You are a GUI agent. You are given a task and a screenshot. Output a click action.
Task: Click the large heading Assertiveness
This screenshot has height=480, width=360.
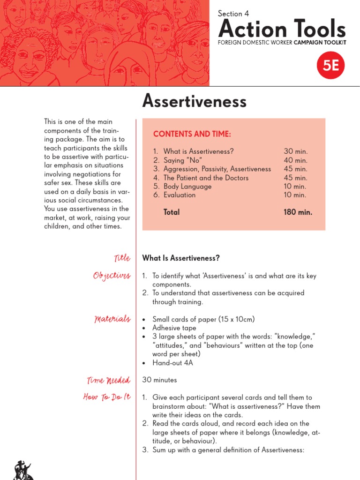click(194, 100)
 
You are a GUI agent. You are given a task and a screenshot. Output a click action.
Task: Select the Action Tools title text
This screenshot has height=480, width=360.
click(282, 30)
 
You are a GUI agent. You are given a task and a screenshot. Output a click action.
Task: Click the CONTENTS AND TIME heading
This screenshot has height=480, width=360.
click(192, 135)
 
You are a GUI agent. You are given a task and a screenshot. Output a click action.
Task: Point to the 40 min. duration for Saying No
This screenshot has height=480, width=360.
click(295, 160)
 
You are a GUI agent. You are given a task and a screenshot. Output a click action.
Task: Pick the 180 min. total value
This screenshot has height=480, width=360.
click(298, 212)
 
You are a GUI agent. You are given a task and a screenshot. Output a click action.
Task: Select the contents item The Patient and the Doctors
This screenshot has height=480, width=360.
click(206, 178)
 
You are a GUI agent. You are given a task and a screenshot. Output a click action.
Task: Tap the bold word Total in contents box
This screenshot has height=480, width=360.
click(172, 212)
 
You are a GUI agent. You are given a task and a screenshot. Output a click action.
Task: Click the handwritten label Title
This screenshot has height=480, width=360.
click(122, 258)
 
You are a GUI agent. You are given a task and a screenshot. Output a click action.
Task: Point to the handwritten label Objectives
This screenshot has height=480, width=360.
click(112, 276)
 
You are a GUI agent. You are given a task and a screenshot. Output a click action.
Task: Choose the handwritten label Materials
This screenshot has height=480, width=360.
click(112, 319)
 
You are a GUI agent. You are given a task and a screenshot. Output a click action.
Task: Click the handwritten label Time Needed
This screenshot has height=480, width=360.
click(108, 380)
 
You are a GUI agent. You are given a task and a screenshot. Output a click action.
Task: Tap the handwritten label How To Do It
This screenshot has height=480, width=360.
click(107, 397)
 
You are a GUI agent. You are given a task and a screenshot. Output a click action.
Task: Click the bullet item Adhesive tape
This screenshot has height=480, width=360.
click(174, 328)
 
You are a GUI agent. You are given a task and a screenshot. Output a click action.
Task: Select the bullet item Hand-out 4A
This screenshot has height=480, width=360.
click(172, 363)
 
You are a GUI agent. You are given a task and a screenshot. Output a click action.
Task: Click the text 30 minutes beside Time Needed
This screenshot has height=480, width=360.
click(159, 380)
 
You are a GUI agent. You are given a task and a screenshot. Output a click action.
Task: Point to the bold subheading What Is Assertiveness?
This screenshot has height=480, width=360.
click(181, 258)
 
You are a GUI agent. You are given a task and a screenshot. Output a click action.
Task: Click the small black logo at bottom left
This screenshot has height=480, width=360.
click(22, 470)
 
